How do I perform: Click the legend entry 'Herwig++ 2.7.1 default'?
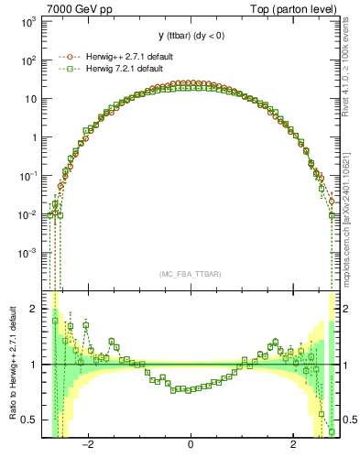pos(128,56)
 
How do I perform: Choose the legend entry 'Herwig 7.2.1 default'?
pos(125,69)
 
